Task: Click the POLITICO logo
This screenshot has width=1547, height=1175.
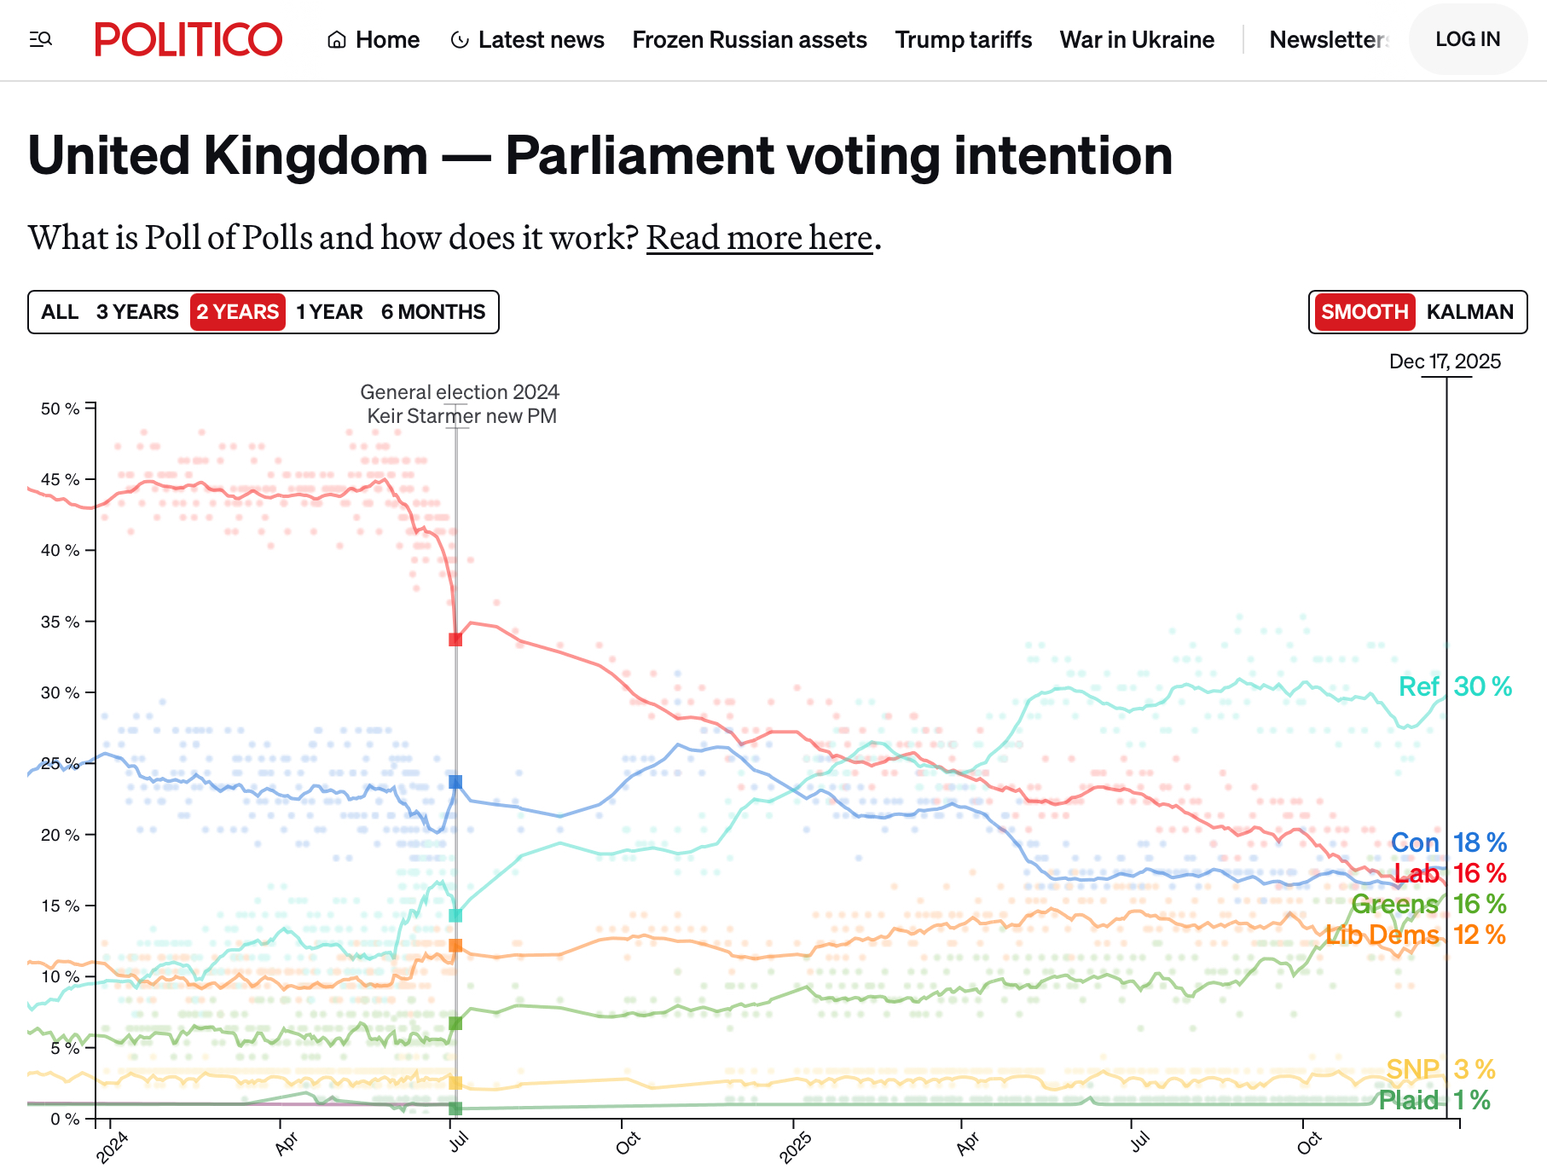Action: (188, 39)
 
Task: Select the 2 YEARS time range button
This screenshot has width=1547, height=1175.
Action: (238, 312)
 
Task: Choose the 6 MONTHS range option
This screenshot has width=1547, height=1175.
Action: (433, 312)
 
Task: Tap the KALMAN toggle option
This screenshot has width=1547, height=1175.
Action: (1469, 312)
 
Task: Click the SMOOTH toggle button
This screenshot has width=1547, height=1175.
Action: (1364, 312)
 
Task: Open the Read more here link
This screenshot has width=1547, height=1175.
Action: (759, 238)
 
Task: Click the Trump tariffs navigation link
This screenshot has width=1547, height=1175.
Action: (963, 40)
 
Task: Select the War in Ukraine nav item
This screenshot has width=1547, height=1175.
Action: (1137, 40)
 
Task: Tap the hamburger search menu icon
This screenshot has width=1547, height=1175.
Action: (41, 39)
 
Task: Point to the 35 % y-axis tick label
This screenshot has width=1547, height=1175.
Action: (60, 622)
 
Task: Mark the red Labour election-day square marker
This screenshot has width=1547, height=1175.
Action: (455, 640)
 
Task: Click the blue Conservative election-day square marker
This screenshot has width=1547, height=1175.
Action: (455, 782)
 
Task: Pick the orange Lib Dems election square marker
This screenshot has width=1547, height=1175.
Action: (455, 946)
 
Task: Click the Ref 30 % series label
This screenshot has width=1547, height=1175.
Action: (1455, 686)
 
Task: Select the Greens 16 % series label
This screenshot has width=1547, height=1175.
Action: (1428, 904)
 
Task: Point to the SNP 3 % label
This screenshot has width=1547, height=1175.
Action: (1440, 1069)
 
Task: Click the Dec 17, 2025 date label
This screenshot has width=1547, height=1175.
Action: (1445, 362)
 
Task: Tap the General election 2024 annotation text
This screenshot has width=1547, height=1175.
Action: (460, 392)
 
